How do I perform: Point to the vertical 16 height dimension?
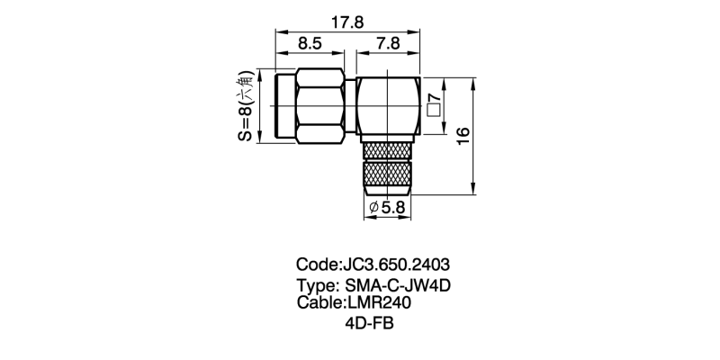463,135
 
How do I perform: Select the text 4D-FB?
370,324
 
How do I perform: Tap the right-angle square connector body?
387,106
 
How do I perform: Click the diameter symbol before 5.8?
373,209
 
